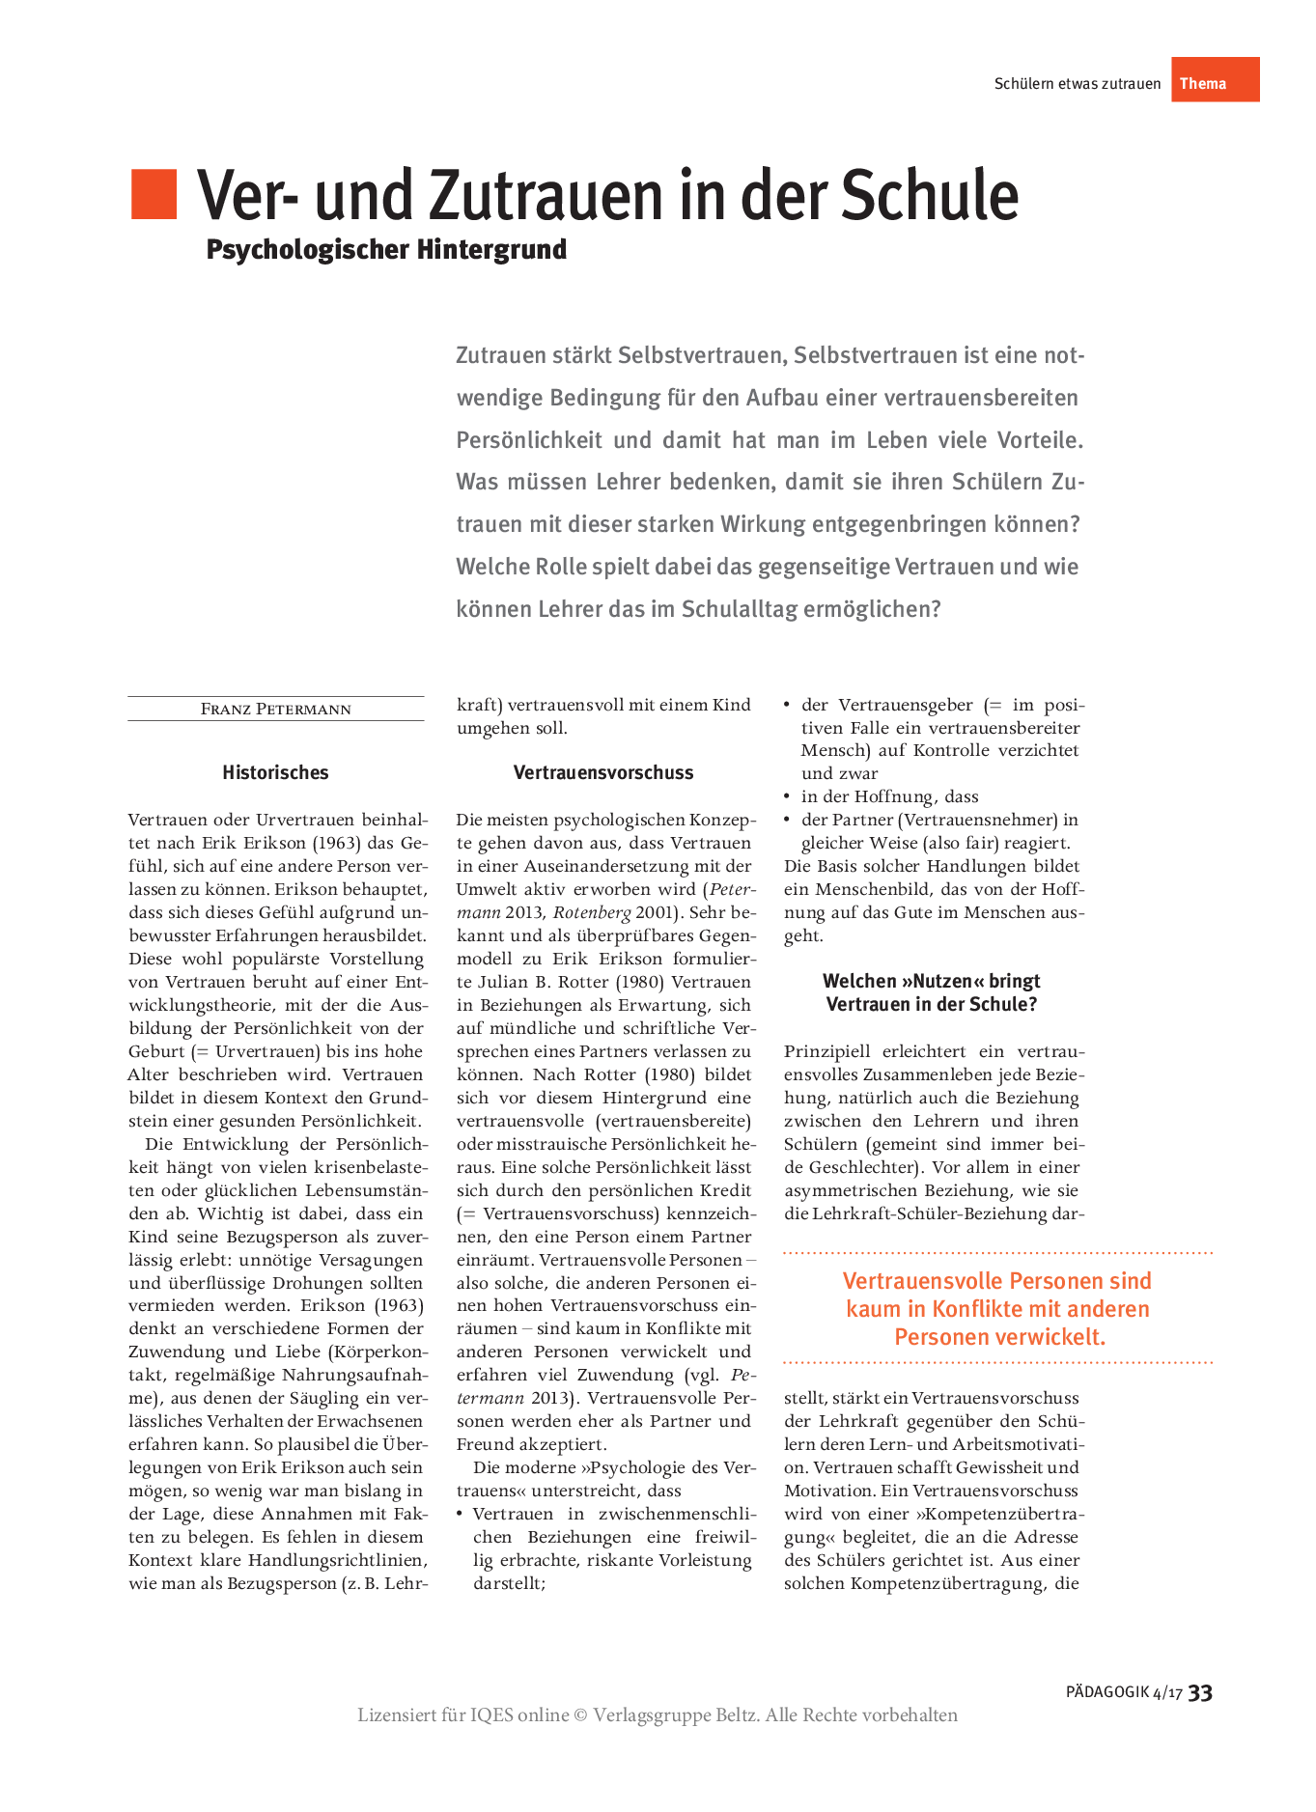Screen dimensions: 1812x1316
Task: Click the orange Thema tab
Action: pos(1215,80)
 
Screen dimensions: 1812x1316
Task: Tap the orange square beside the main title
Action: pos(154,194)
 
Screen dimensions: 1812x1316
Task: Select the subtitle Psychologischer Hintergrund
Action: pos(386,249)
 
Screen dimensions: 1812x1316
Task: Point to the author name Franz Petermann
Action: pos(276,709)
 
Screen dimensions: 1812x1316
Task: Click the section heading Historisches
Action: pos(275,772)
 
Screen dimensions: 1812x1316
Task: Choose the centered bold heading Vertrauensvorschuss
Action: pos(603,772)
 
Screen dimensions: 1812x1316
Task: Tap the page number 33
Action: pos(1200,1692)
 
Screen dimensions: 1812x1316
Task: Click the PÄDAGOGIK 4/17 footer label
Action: pos(1124,1692)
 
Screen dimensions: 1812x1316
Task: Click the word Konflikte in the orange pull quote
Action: pos(994,1309)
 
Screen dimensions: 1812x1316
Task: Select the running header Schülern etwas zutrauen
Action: pos(1078,84)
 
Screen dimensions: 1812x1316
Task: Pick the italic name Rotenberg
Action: pos(591,912)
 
